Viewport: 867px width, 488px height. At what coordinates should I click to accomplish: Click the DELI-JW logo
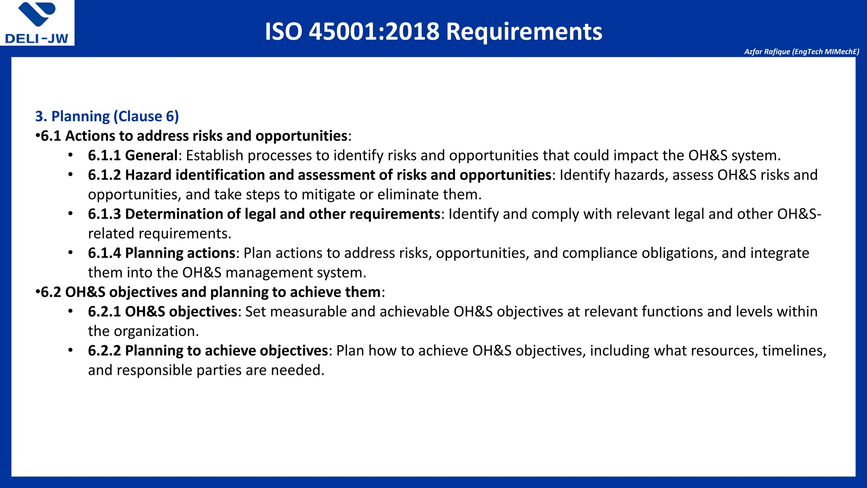(x=37, y=23)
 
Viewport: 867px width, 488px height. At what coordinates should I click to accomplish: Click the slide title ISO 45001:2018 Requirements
(x=433, y=31)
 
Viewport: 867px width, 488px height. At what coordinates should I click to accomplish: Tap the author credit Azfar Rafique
(x=801, y=52)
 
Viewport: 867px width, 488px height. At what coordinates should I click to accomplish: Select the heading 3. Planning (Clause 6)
(x=107, y=116)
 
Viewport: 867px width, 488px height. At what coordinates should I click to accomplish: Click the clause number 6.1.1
(x=104, y=155)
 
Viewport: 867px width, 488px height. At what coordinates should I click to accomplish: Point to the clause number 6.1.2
(x=104, y=175)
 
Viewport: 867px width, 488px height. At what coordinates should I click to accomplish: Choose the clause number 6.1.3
(x=104, y=214)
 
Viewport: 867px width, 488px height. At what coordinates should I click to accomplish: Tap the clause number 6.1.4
(x=104, y=253)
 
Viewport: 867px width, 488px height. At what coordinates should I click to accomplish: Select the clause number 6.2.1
(x=104, y=311)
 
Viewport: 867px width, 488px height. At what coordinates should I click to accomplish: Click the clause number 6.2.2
(x=104, y=350)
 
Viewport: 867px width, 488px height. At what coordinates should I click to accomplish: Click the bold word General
(x=151, y=155)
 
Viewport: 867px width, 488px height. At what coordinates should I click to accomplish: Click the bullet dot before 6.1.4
(x=71, y=252)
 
